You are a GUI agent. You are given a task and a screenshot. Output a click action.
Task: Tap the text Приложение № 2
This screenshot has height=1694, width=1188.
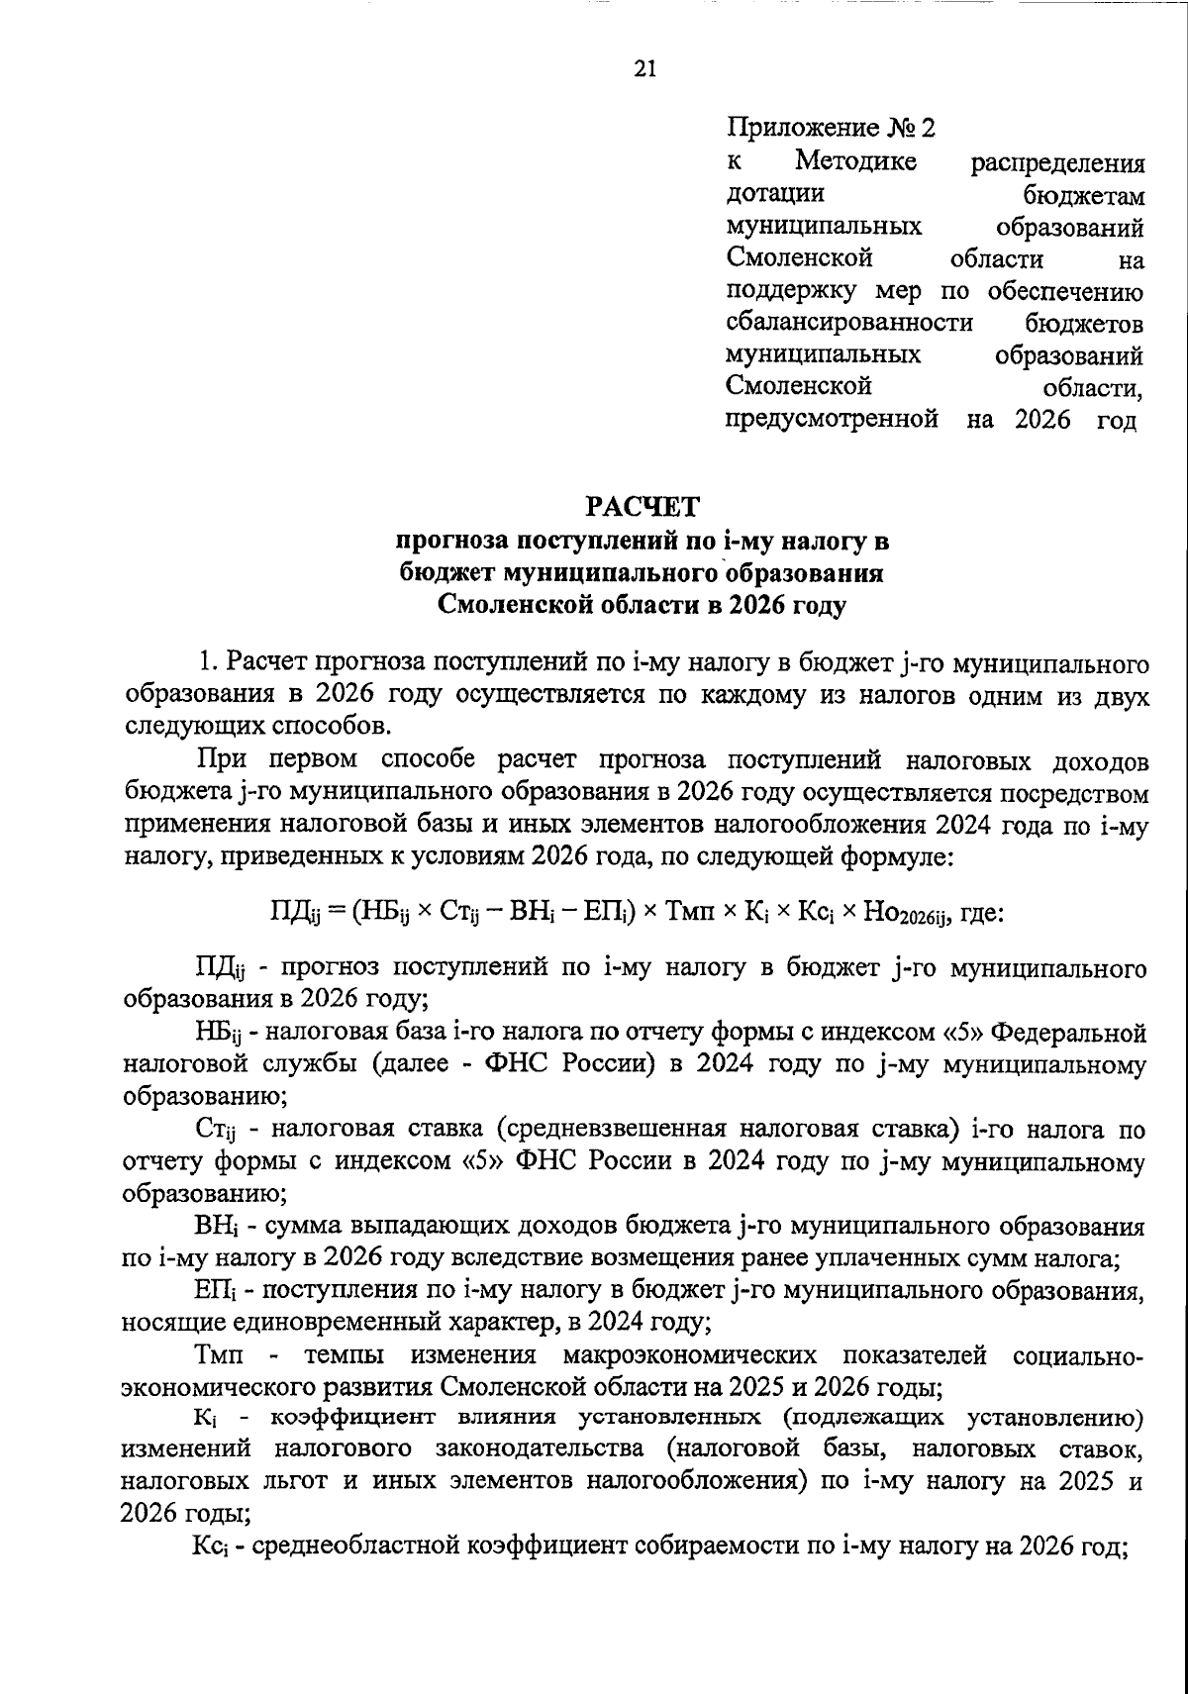pyautogui.click(x=831, y=128)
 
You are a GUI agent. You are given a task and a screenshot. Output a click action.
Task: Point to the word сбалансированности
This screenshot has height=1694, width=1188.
pyautogui.click(x=848, y=323)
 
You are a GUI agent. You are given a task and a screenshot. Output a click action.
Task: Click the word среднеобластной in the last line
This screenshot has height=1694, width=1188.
pyautogui.click(x=349, y=1546)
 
